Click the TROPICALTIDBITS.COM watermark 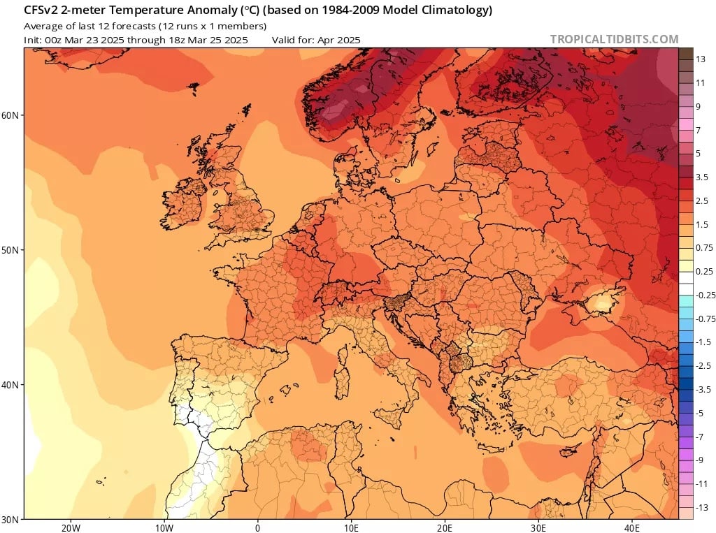pyautogui.click(x=614, y=39)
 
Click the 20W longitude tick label pyautogui.click(x=70, y=527)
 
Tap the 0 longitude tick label pyautogui.click(x=257, y=527)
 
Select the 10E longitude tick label pyautogui.click(x=351, y=527)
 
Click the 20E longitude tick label pyautogui.click(x=445, y=527)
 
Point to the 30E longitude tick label pyautogui.click(x=538, y=527)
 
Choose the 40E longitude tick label pyautogui.click(x=632, y=527)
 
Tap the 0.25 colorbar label pyautogui.click(x=704, y=271)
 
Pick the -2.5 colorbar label pyautogui.click(x=704, y=365)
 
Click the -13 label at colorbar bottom pyautogui.click(x=703, y=507)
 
